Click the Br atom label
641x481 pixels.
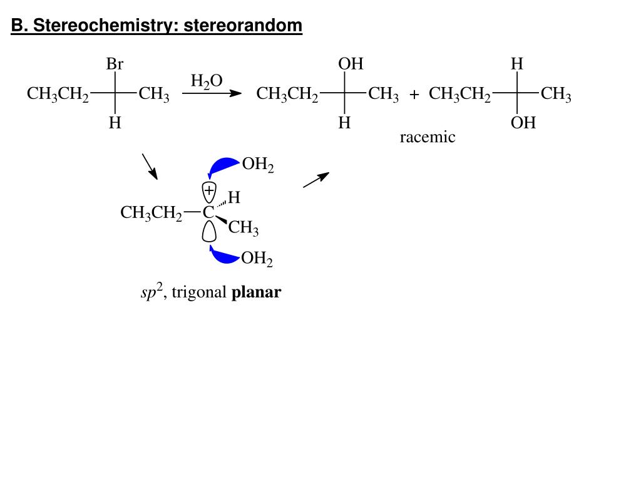(115, 65)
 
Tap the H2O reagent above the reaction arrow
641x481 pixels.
(207, 81)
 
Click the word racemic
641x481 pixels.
(428, 137)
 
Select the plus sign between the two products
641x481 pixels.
(414, 95)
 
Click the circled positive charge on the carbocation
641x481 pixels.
(209, 189)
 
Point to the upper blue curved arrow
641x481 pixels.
(222, 167)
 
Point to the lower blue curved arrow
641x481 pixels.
(223, 254)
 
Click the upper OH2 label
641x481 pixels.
(258, 165)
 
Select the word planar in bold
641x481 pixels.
(257, 292)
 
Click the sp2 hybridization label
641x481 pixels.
(151, 292)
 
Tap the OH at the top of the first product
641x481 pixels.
(351, 65)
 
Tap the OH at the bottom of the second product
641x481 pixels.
(523, 123)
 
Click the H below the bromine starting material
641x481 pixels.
(115, 123)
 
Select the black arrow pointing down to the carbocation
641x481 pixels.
(150, 165)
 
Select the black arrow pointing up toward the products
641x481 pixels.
(316, 180)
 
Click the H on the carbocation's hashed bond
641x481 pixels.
(234, 198)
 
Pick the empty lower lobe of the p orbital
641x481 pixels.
(209, 231)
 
